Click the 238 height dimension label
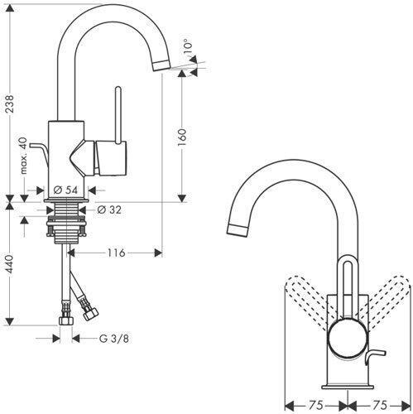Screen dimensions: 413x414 pos(10,103)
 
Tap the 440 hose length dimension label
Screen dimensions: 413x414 pos(10,264)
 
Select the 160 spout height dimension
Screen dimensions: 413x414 pos(182,137)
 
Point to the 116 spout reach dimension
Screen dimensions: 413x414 pos(116,253)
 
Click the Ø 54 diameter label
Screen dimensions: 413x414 pos(65,190)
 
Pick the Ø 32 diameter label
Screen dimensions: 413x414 pos(109,209)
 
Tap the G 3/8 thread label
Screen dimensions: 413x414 pos(114,339)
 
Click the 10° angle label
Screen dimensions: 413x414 pos(187,47)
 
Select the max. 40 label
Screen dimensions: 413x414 pos(24,156)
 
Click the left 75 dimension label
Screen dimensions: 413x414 pos(316,405)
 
